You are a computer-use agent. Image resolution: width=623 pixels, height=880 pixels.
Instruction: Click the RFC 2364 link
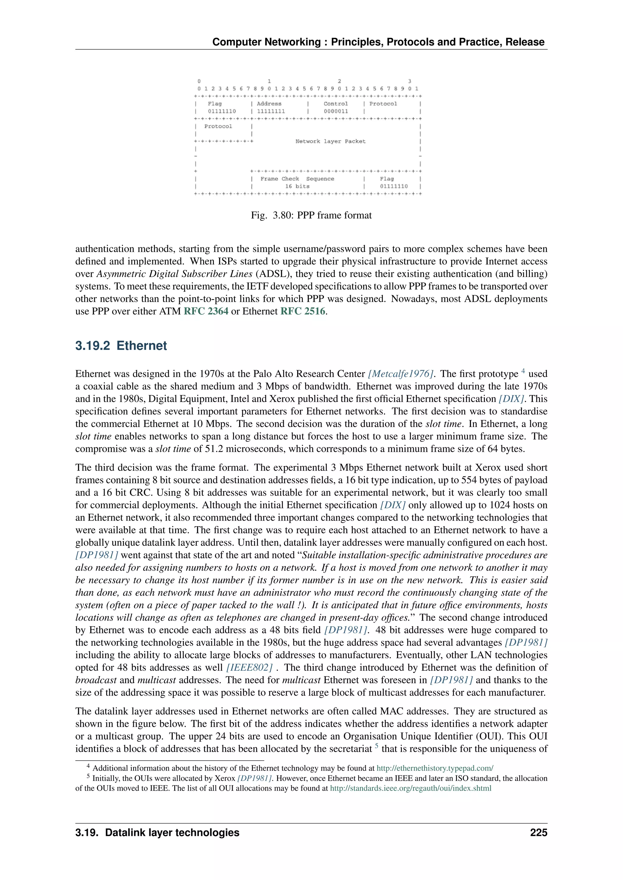[206, 311]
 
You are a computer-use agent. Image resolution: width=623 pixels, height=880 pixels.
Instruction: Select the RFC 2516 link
[303, 311]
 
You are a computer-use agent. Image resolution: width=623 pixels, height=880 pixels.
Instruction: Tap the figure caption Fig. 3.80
[311, 215]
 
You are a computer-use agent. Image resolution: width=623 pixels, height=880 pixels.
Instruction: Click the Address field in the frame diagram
[269, 104]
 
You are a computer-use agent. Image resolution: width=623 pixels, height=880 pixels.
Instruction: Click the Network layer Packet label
[330, 141]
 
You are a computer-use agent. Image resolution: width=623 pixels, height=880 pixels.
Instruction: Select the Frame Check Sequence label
[297, 179]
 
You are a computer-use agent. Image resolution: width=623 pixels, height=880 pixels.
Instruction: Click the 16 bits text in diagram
[297, 187]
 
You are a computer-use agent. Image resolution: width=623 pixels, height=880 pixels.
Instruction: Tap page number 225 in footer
[539, 833]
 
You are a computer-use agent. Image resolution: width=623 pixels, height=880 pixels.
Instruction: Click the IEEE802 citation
[249, 667]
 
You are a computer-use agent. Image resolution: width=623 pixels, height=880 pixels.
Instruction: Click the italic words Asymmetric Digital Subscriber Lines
[174, 274]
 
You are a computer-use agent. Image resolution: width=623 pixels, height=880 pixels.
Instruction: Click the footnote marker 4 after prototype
[523, 371]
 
